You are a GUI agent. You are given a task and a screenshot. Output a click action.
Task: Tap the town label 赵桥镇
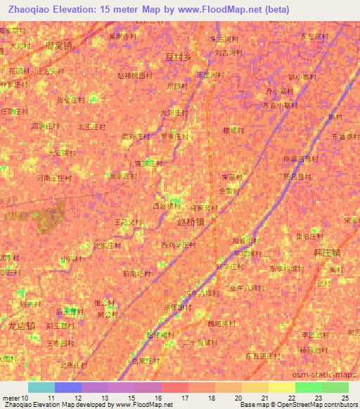tap(192, 220)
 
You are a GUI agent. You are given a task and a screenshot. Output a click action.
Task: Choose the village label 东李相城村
tap(285, 268)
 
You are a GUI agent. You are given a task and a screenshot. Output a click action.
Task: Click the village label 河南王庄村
tap(54, 178)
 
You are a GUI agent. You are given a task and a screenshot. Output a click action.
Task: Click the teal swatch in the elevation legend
tap(41, 387)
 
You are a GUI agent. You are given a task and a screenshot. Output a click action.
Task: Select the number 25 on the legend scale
tap(345, 398)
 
